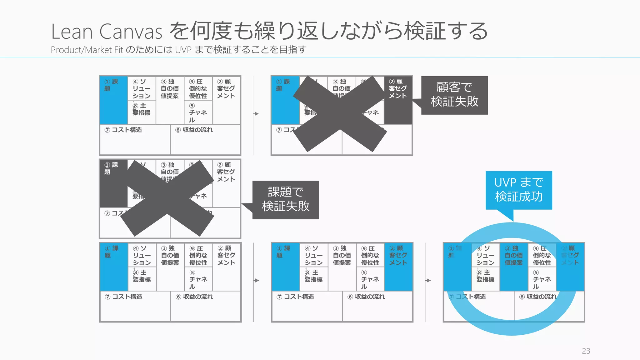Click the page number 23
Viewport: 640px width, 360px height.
click(586, 351)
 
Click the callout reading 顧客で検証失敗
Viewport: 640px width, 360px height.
click(454, 95)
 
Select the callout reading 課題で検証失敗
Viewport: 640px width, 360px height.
click(286, 200)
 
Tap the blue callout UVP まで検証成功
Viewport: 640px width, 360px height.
click(519, 190)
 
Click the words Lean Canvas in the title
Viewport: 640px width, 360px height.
click(107, 32)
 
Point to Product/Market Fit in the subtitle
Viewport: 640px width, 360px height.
click(87, 50)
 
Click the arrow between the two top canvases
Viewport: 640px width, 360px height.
click(256, 114)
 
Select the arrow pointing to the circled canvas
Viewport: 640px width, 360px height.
click(428, 280)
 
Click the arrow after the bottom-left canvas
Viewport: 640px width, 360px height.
click(257, 280)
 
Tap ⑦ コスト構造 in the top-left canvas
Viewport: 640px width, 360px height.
click(123, 130)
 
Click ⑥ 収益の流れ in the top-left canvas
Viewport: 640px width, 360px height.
click(194, 130)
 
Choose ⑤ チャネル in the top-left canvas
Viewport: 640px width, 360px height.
click(198, 113)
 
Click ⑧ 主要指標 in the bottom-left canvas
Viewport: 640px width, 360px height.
click(142, 276)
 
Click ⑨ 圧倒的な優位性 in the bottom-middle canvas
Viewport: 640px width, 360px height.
click(370, 255)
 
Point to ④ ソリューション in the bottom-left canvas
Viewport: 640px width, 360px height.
click(142, 255)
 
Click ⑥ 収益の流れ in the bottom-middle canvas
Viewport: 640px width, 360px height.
click(366, 297)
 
